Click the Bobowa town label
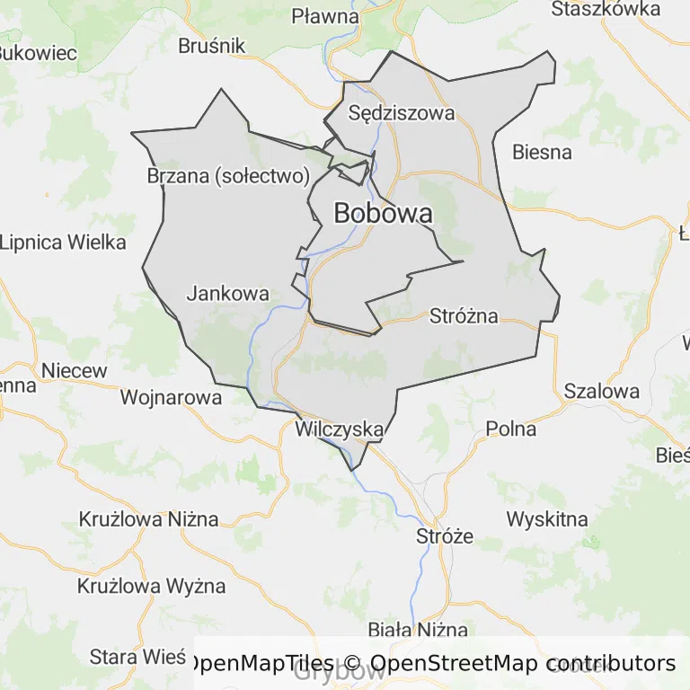(383, 214)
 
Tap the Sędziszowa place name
(402, 113)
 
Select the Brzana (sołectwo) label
(228, 176)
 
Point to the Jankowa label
(228, 293)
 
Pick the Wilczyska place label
(340, 429)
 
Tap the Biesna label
(542, 152)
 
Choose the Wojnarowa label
(171, 397)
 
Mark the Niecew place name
(75, 370)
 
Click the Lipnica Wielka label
(64, 242)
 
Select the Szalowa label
(602, 391)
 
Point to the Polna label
(511, 429)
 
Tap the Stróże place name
(445, 536)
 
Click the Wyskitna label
(547, 519)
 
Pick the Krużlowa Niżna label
(149, 519)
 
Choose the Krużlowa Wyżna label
(151, 587)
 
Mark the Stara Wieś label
(137, 657)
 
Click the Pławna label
(325, 16)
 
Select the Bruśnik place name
(212, 46)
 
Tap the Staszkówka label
(606, 9)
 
